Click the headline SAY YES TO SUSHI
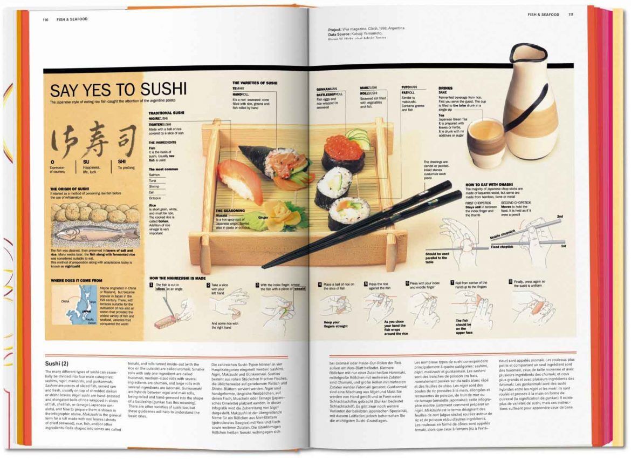[118, 90]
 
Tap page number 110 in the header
[47, 19]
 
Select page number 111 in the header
[571, 15]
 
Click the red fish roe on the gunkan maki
[344, 148]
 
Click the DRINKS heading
[445, 87]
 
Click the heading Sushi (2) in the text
[57, 363]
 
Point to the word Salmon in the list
[155, 174]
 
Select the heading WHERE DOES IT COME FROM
[76, 280]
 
